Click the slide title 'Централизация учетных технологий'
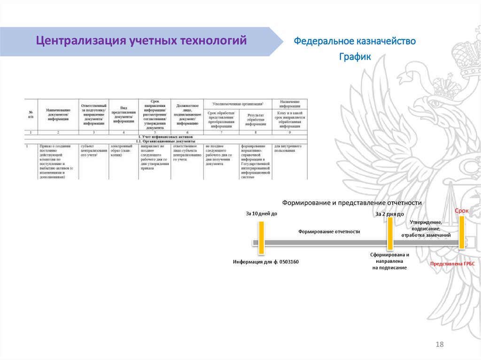[x=142, y=41]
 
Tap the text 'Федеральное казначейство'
[x=355, y=41]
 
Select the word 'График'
[x=355, y=57]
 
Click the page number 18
[x=440, y=345]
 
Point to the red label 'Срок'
[x=461, y=211]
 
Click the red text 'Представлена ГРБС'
[x=453, y=264]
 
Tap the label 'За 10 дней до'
[x=262, y=214]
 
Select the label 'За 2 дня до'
[x=389, y=214]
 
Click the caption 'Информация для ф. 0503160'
[x=266, y=261]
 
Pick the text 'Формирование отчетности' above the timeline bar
[x=329, y=231]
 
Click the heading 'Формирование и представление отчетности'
[x=352, y=202]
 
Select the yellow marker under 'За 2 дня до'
[x=390, y=233]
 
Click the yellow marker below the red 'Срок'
[x=462, y=231]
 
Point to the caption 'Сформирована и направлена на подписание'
[x=389, y=261]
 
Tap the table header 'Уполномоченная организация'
[x=237, y=103]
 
